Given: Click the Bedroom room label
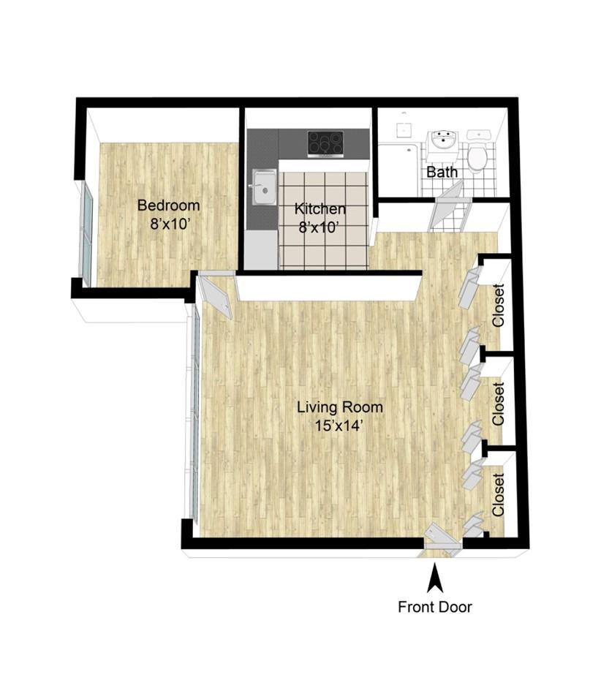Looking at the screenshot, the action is click(169, 205).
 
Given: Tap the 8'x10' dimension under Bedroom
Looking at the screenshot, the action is click(167, 224).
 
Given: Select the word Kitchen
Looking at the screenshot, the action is click(320, 208).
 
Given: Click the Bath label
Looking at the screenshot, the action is click(442, 172).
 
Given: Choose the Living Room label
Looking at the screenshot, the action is click(340, 407).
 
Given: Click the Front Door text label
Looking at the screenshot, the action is click(435, 607).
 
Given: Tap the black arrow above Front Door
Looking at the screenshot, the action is click(435, 578).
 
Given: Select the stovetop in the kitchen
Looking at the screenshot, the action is click(325, 144).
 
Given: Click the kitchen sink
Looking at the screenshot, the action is click(264, 187).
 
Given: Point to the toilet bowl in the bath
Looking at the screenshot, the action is click(478, 157).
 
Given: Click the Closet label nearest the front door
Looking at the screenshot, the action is click(498, 495).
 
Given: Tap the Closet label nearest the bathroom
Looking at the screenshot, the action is click(498, 306).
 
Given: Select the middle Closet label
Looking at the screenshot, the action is click(498, 404).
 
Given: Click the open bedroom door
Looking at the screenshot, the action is click(216, 295).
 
